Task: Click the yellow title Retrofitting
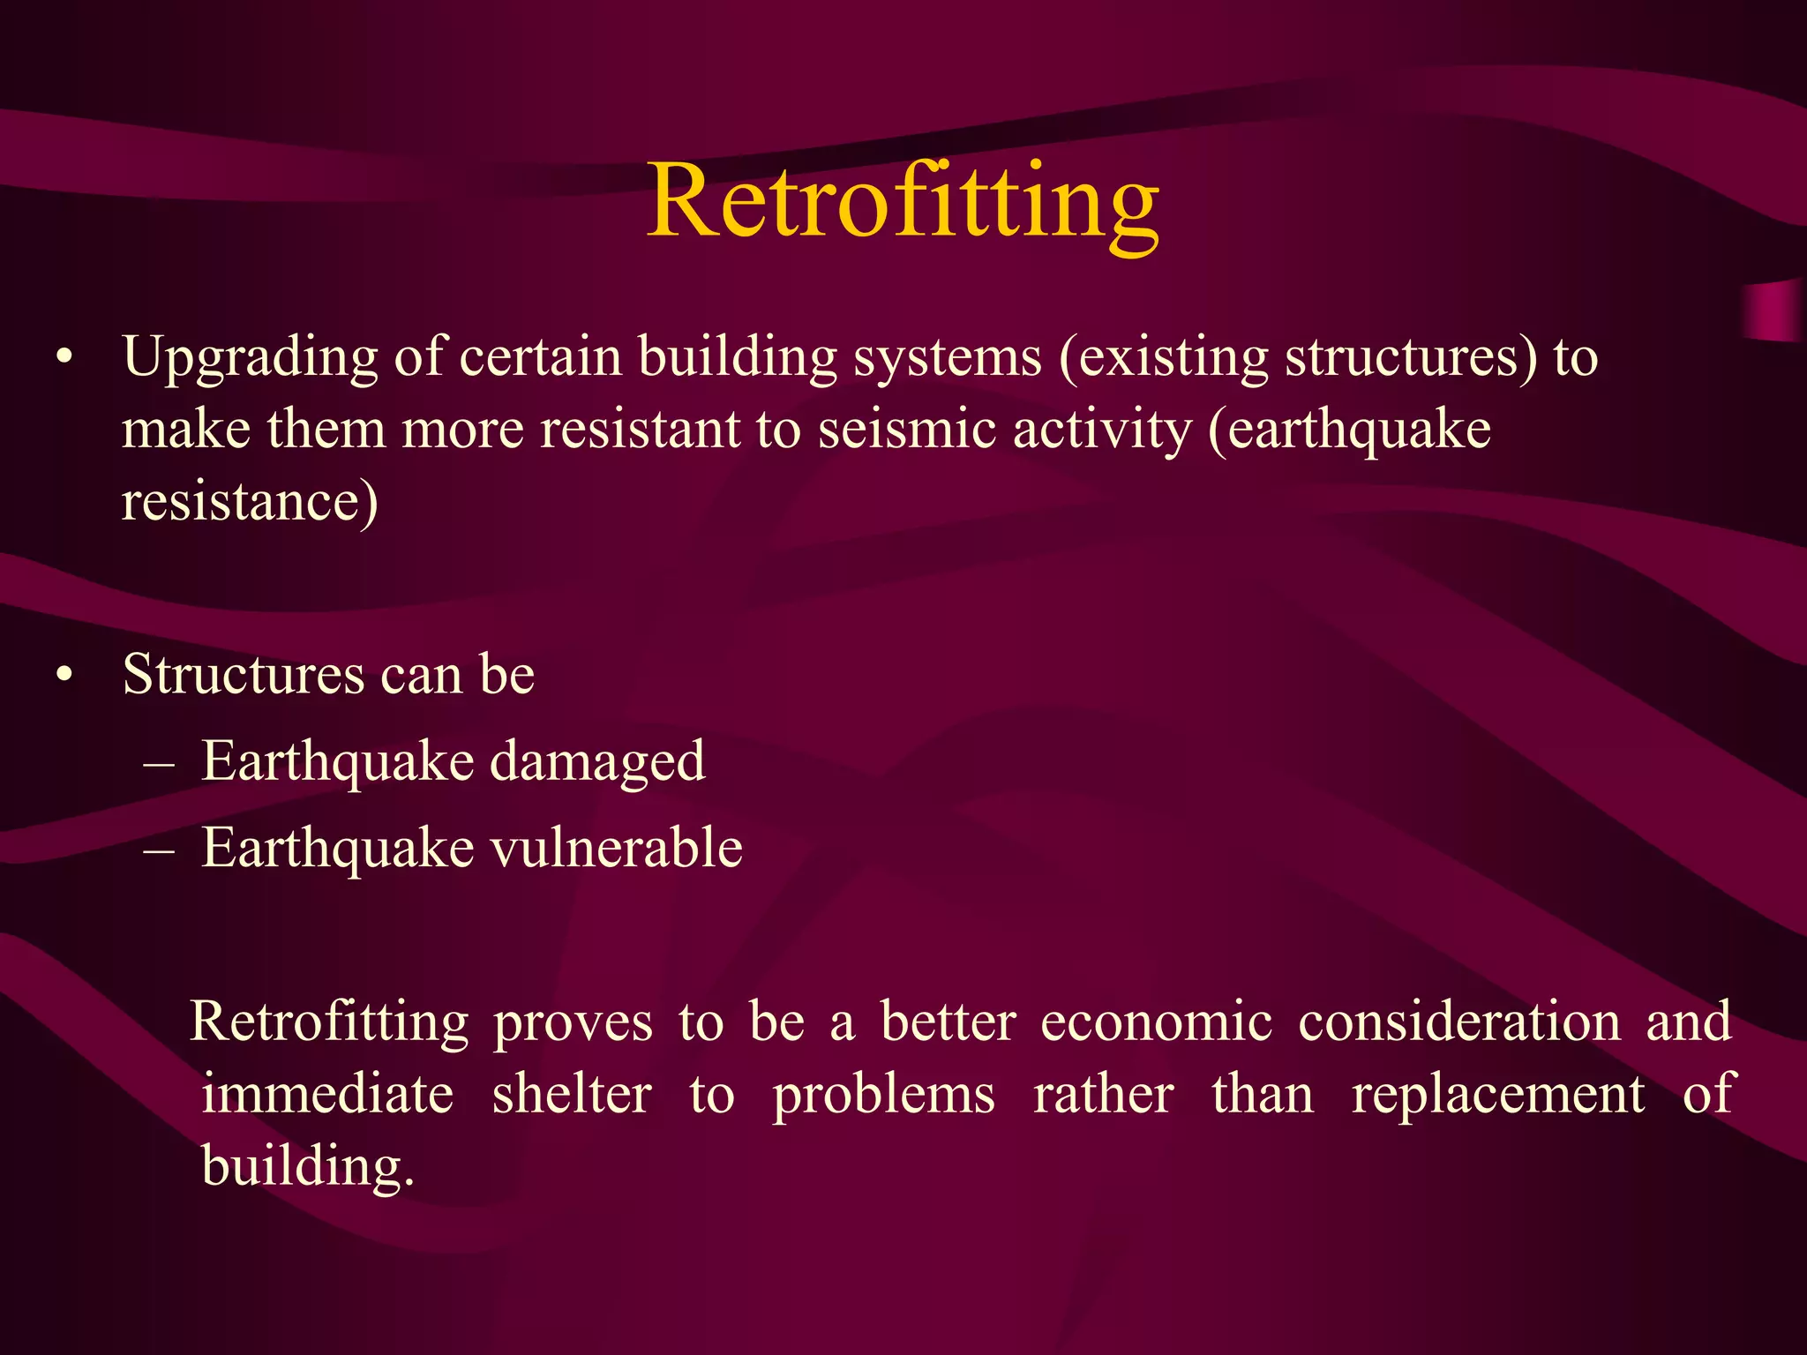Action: (903, 203)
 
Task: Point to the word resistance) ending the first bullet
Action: (250, 503)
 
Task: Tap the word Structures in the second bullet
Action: (243, 675)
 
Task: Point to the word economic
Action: (1156, 1023)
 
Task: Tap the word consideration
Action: (1459, 1023)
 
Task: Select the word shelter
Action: (572, 1096)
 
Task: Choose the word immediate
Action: (327, 1096)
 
